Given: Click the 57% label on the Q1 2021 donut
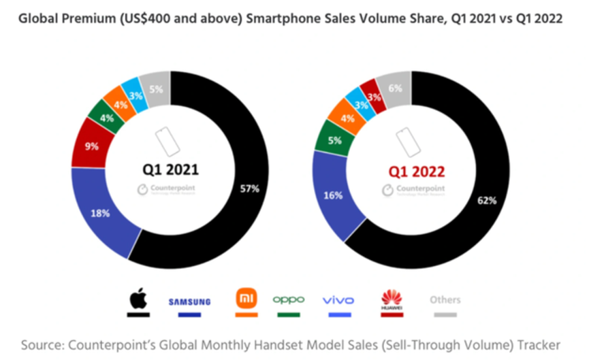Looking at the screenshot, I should tap(251, 189).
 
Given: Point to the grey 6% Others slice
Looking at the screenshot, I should tap(395, 88).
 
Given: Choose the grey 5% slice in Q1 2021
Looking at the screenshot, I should tap(157, 88).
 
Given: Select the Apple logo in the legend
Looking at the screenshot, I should tap(139, 299).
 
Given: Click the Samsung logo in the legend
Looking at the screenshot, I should tap(189, 301).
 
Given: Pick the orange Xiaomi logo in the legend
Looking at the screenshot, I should tap(246, 299).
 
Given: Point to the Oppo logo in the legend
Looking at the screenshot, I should tap(289, 299).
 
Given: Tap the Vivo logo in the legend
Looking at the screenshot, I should tap(338, 299).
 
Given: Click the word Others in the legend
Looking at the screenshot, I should tap(445, 299).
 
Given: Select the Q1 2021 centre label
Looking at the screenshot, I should tap(170, 169).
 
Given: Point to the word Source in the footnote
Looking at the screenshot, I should tap(44, 344).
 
